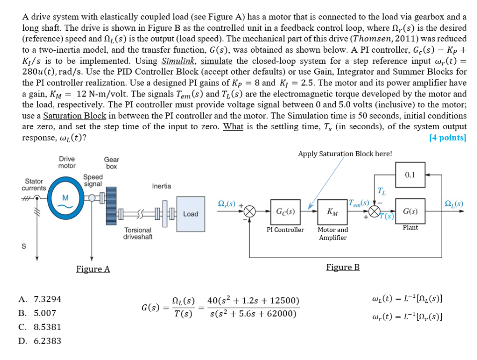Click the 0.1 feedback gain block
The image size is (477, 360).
point(410,175)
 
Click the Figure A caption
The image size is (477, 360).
point(93,269)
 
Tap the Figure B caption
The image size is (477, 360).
point(343,268)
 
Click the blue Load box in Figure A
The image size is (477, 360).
point(191,214)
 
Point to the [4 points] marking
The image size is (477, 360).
point(448,138)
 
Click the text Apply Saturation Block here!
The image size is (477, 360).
point(345,154)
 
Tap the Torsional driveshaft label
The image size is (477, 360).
point(138,233)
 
